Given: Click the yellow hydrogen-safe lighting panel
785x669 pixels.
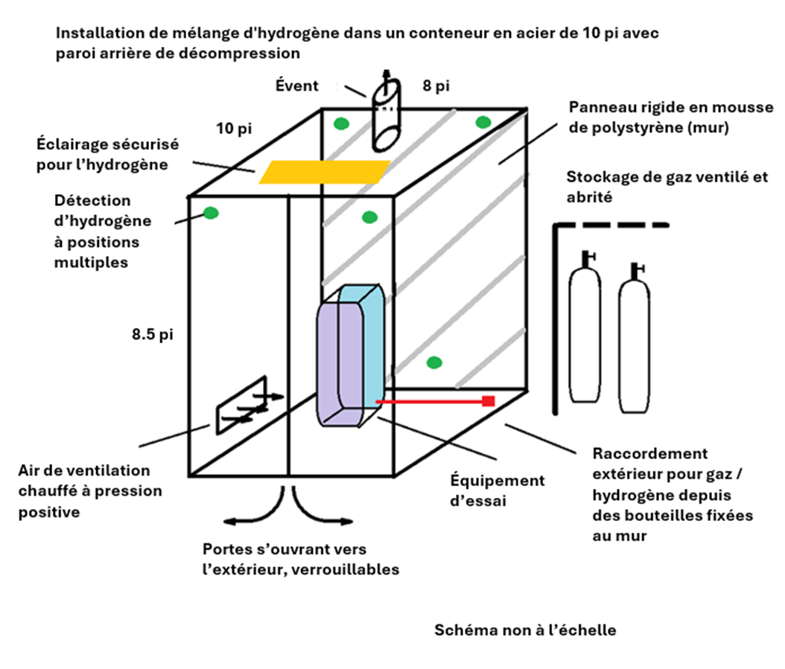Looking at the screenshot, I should [x=324, y=171].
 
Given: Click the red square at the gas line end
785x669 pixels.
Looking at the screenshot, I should [x=489, y=402].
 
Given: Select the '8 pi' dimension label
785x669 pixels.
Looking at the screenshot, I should [x=436, y=86].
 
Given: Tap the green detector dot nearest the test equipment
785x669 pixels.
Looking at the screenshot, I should [x=434, y=363].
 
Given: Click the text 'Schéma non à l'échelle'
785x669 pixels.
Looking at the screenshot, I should [x=525, y=630].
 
